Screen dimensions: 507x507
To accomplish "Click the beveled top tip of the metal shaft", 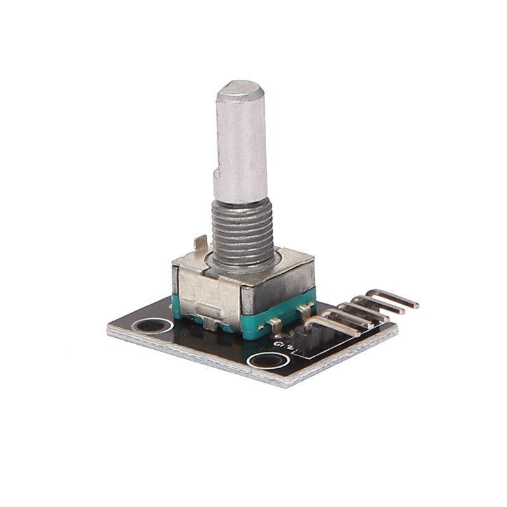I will (x=239, y=89).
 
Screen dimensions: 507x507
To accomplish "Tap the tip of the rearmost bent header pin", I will (x=415, y=305).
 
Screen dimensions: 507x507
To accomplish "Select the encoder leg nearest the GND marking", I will (x=275, y=327).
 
